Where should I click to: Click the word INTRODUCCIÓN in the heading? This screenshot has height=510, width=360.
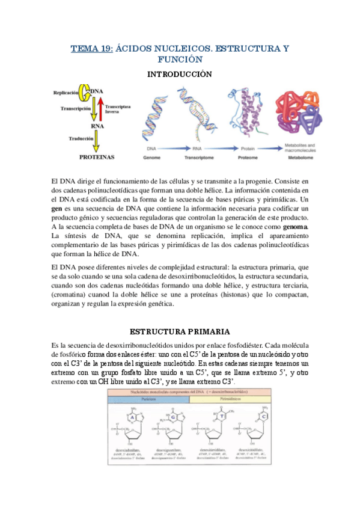180,74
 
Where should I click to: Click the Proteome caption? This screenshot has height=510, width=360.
241,156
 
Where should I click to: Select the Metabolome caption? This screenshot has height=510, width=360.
297,156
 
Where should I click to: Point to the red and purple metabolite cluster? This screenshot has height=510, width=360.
296,114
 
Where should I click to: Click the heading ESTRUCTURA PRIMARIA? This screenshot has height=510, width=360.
180,331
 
